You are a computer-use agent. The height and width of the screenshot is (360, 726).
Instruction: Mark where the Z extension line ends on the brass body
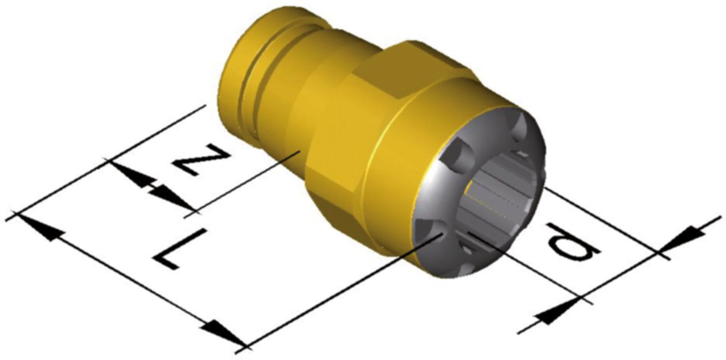coord(299,151)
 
